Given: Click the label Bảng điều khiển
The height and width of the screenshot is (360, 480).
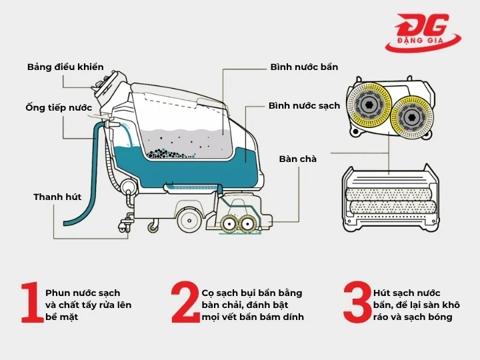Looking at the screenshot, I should pos(65,67).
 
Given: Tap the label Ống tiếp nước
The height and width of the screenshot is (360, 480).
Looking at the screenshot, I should pos(59,107).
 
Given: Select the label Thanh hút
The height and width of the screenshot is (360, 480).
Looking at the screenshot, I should pos(57,197).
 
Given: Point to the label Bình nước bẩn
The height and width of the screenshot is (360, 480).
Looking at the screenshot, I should pos(304,67).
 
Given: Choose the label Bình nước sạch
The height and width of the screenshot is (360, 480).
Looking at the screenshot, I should pos(304,106).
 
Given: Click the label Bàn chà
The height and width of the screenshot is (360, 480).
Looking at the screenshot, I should pos(298,159).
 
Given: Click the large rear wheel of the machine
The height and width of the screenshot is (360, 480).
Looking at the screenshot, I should pos(189,216).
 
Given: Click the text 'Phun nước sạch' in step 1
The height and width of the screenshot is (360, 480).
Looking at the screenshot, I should pos(83,293).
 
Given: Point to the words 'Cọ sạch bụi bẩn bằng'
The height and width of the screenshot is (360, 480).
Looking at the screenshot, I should pos(252,293).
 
